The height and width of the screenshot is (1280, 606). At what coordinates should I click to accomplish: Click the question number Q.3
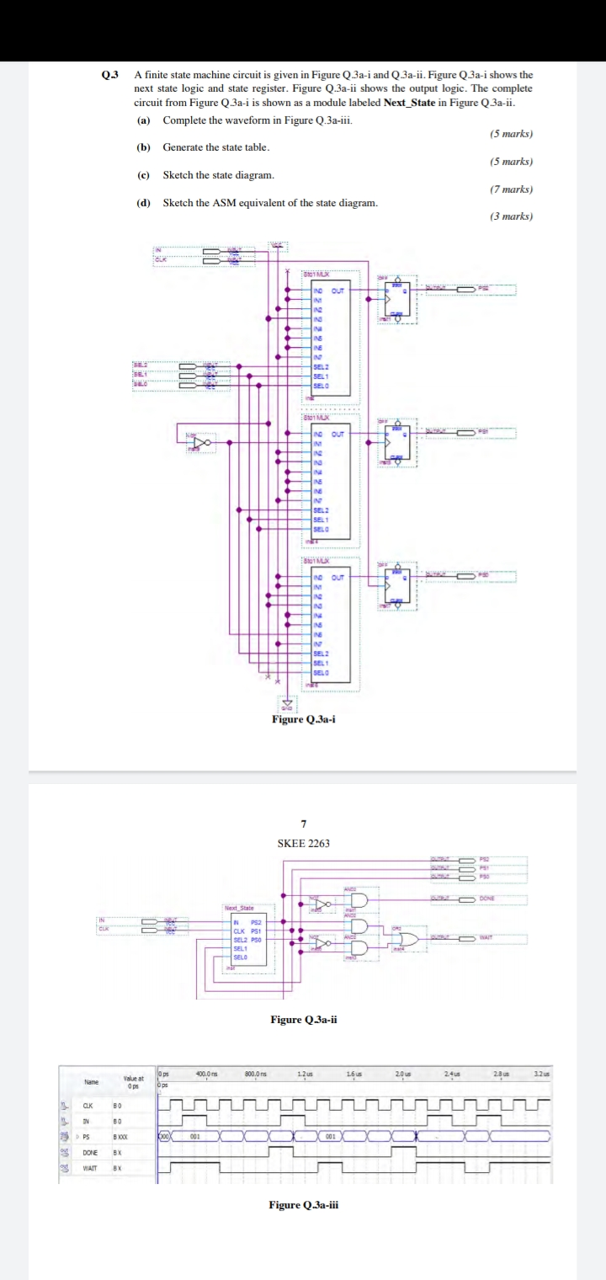[x=110, y=76]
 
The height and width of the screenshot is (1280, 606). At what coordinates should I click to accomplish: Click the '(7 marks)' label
[x=511, y=189]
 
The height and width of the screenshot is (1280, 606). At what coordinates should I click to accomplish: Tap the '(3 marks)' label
[x=511, y=217]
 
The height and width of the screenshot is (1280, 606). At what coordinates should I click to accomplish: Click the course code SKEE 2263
[x=303, y=843]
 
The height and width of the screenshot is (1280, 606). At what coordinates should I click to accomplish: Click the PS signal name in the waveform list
[x=87, y=1135]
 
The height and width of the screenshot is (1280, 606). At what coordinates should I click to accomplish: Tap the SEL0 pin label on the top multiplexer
[x=319, y=385]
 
